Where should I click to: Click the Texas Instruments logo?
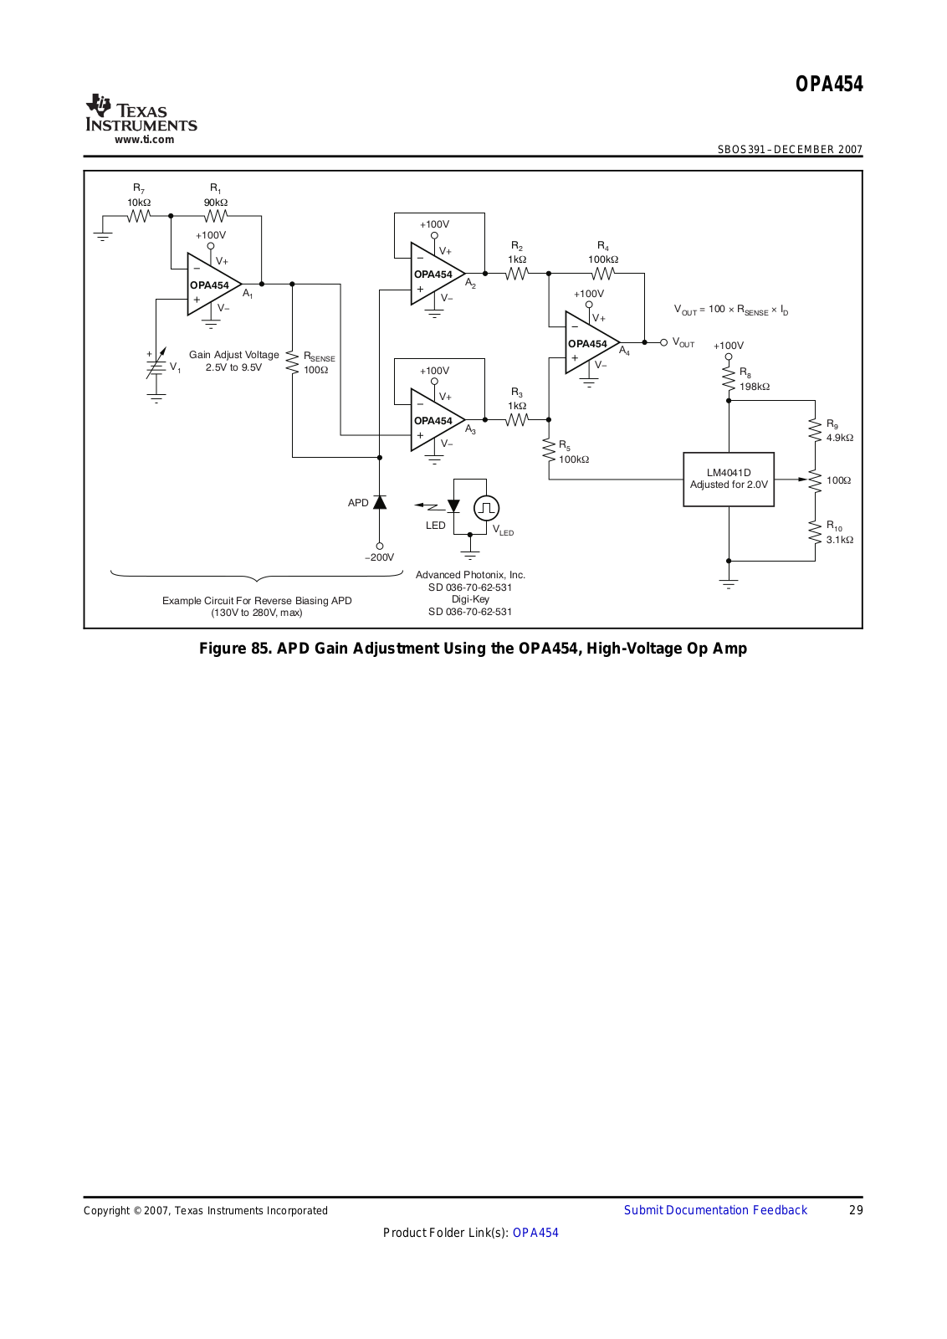coord(141,114)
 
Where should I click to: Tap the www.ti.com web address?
coord(144,140)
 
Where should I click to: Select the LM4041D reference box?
coord(729,480)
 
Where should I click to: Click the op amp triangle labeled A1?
coord(211,285)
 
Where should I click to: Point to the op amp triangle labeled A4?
coord(589,343)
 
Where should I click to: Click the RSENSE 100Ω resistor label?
coord(318,363)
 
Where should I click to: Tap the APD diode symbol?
coord(380,502)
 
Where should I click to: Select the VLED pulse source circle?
coord(486,508)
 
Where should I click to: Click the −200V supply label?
coord(380,557)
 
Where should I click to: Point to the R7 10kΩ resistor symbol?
coord(139,216)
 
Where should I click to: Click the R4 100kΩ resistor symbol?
coord(603,274)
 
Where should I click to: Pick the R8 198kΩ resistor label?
coord(753,380)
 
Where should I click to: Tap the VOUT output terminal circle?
coord(664,342)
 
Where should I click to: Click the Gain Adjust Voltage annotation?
coord(234,361)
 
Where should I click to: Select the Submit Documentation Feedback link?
coord(715,1210)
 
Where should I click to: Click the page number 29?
coord(856,1210)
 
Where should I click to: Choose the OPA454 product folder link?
coord(535,1233)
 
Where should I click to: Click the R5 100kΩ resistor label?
coord(573,453)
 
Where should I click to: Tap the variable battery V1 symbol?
coord(156,366)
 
